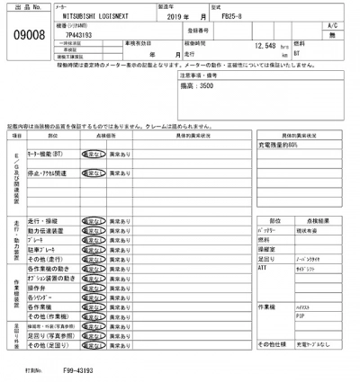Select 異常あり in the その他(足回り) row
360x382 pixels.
coord(120,344)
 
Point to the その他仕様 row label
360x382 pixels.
coord(272,344)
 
